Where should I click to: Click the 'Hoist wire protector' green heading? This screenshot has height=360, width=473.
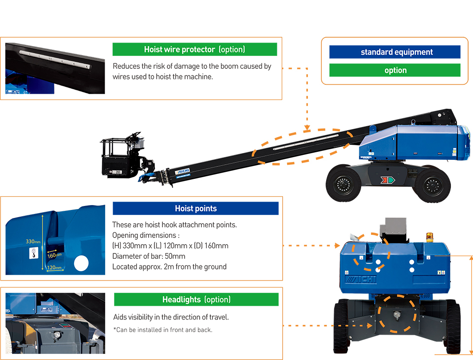[194, 49]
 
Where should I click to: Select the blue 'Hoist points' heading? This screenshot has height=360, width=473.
[196, 209]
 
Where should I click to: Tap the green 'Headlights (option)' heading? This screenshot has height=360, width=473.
[196, 300]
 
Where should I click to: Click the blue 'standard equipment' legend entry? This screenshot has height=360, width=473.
[394, 52]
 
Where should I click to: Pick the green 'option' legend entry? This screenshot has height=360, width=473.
[394, 70]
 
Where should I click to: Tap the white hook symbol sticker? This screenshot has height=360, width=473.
[33, 253]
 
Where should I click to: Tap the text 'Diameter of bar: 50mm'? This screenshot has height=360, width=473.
[149, 256]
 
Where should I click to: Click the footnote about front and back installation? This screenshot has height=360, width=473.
[162, 330]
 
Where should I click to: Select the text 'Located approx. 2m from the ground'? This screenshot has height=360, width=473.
[169, 267]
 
